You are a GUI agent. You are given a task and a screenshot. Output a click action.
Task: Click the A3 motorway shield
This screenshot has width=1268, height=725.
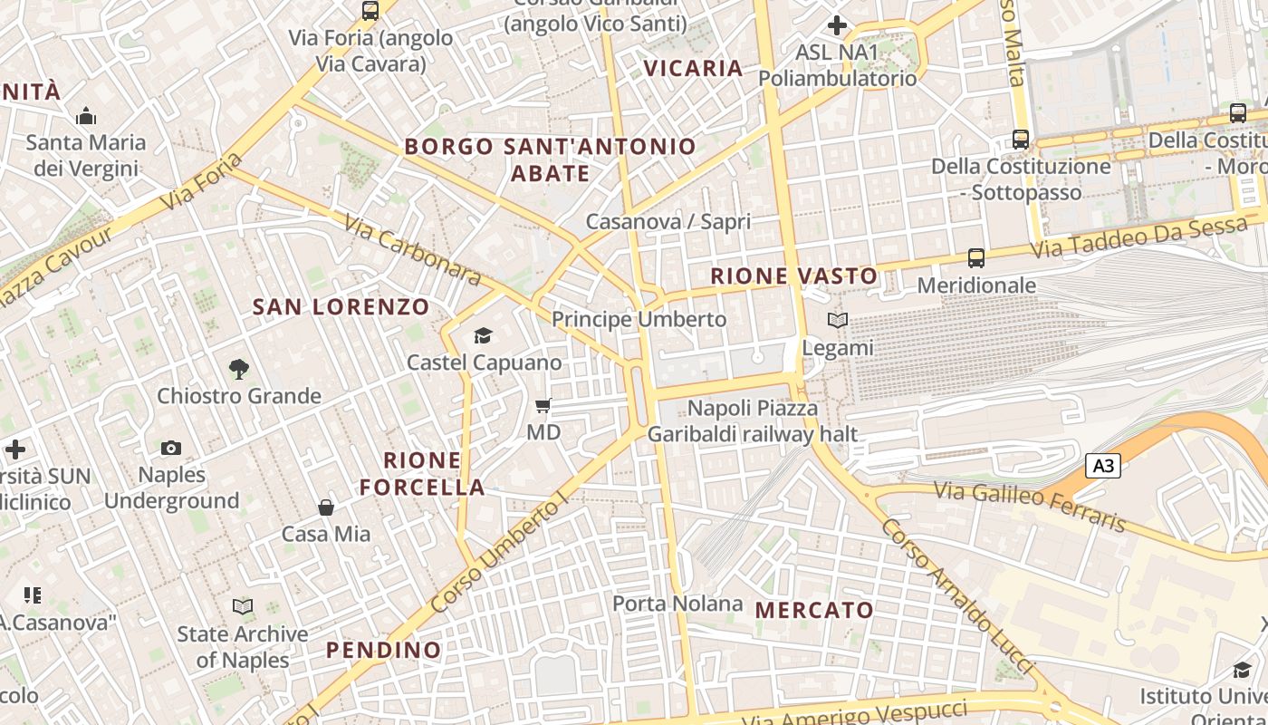[1103, 467]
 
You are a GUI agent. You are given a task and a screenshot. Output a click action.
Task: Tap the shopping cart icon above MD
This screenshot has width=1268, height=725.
[543, 406]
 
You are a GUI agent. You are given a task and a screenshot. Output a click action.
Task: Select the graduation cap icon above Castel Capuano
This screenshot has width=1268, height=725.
[483, 336]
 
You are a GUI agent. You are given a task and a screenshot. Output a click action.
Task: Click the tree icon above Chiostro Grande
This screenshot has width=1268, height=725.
[239, 369]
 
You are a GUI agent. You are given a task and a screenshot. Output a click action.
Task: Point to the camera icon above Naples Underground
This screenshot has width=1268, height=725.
[170, 448]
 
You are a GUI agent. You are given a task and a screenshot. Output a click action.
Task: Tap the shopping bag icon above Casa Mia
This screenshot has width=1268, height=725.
[326, 507]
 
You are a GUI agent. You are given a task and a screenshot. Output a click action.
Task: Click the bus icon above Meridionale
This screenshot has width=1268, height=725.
[975, 258]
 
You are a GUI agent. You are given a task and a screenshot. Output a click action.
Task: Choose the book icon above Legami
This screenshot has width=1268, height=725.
[838, 321]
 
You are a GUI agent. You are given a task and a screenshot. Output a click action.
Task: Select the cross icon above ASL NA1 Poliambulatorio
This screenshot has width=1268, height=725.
[837, 25]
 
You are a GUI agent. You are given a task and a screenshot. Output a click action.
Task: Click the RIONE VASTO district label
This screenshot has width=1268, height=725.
[794, 276]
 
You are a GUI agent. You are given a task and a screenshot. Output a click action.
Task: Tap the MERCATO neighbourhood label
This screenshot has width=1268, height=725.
[814, 610]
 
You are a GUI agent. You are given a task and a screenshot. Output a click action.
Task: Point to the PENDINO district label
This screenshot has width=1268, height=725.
[383, 650]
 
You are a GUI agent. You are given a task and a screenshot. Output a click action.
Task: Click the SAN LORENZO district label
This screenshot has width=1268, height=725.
[341, 307]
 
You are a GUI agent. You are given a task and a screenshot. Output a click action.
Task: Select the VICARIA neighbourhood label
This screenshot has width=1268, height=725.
[693, 69]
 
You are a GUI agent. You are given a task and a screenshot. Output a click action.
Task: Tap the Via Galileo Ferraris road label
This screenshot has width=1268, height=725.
[1030, 507]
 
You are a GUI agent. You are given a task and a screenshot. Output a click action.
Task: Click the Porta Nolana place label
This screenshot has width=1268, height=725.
[677, 604]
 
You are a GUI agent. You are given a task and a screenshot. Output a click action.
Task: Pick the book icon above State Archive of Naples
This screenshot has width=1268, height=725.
[243, 606]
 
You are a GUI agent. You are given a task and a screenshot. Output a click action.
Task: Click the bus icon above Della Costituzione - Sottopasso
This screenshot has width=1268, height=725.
[1021, 140]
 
